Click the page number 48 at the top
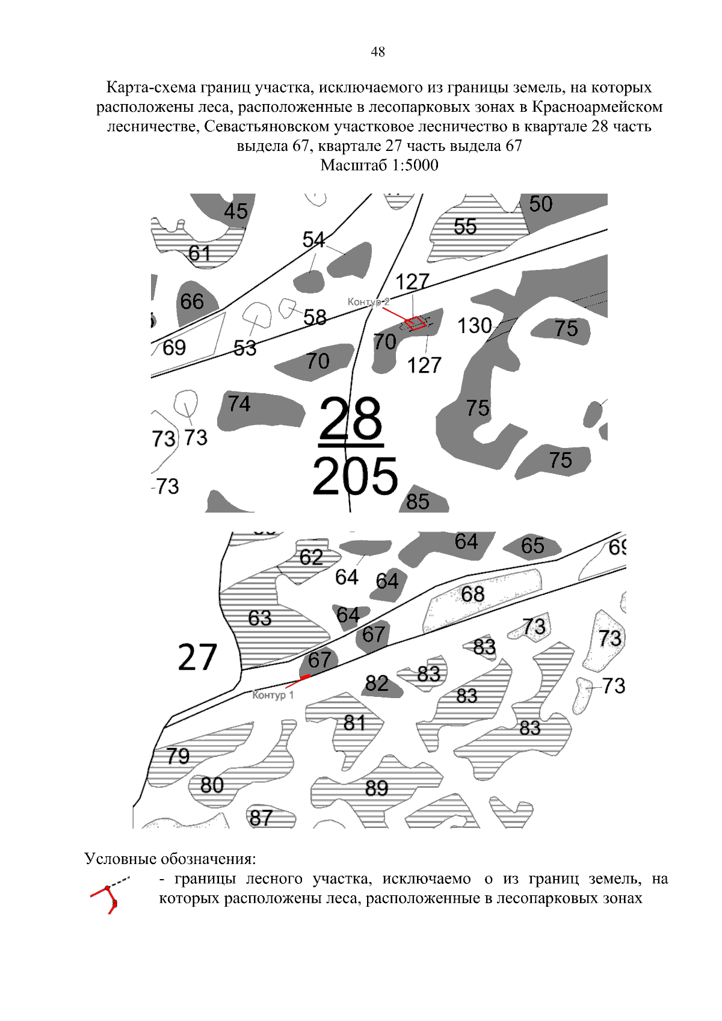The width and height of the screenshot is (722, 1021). click(x=378, y=52)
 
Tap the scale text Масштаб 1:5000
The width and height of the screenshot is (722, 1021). click(x=379, y=165)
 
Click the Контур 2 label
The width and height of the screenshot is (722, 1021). click(x=368, y=302)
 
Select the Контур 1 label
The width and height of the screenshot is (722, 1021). click(x=273, y=695)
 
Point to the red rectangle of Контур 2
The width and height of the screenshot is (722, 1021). click(x=415, y=323)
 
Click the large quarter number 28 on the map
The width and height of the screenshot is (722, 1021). click(x=350, y=419)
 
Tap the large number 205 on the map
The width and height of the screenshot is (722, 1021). click(x=355, y=477)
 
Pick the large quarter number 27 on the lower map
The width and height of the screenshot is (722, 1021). click(x=197, y=657)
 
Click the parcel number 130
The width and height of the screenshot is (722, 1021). click(x=474, y=326)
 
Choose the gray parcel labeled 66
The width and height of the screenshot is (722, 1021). click(x=192, y=302)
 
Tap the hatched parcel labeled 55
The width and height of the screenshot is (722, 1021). click(x=465, y=227)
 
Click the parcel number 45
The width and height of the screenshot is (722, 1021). click(x=236, y=211)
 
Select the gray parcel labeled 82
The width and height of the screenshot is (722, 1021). click(x=377, y=684)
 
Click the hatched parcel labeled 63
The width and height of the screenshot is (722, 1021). click(x=261, y=619)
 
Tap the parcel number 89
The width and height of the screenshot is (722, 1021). click(x=377, y=788)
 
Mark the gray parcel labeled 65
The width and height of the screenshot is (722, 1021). click(x=532, y=546)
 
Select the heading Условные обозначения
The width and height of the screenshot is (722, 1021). click(x=170, y=859)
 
